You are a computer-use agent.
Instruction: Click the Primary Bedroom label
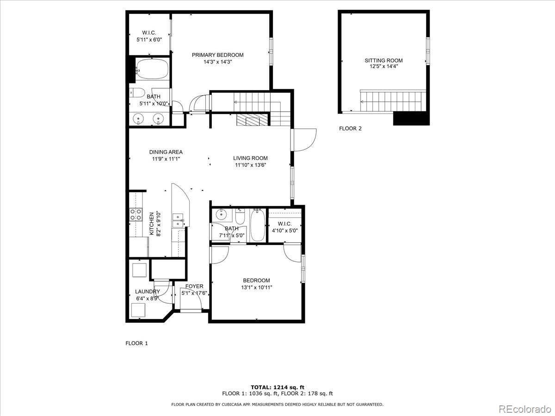pyautogui.click(x=217, y=55)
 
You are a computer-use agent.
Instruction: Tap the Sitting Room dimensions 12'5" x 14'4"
pyautogui.click(x=383, y=67)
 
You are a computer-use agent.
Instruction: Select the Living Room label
pyautogui.click(x=250, y=158)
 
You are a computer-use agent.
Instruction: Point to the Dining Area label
pyautogui.click(x=166, y=152)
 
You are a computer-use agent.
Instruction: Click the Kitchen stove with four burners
pyautogui.click(x=136, y=214)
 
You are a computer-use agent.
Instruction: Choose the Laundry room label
pyautogui.click(x=147, y=292)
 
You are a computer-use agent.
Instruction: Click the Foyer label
pyautogui.click(x=194, y=287)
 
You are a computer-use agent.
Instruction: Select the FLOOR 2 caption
pyautogui.click(x=350, y=128)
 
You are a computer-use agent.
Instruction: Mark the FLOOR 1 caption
pyautogui.click(x=136, y=343)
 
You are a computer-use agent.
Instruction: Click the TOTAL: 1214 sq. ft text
pyautogui.click(x=277, y=387)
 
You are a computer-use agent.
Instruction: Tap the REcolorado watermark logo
pyautogui.click(x=524, y=409)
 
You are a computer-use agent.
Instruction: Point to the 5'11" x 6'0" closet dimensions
pyautogui.click(x=149, y=40)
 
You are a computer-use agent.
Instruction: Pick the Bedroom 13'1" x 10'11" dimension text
pyautogui.click(x=256, y=287)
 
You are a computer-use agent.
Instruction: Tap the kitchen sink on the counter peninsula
pyautogui.click(x=178, y=220)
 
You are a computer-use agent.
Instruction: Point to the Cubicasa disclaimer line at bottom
pyautogui.click(x=277, y=404)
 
